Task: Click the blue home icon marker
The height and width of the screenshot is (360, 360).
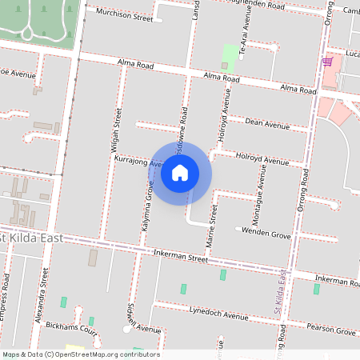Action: pos(180,173)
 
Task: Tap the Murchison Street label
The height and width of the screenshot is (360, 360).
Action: pos(124,15)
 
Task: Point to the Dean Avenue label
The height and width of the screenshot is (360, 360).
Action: pos(267,123)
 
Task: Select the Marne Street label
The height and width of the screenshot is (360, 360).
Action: pos(213,227)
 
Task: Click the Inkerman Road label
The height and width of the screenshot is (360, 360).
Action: pos(336,280)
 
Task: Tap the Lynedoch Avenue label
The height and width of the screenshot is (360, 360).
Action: pos(219,314)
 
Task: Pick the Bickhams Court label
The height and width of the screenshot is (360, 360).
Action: pos(72,330)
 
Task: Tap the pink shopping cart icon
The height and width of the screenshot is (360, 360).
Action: pos(327,61)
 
